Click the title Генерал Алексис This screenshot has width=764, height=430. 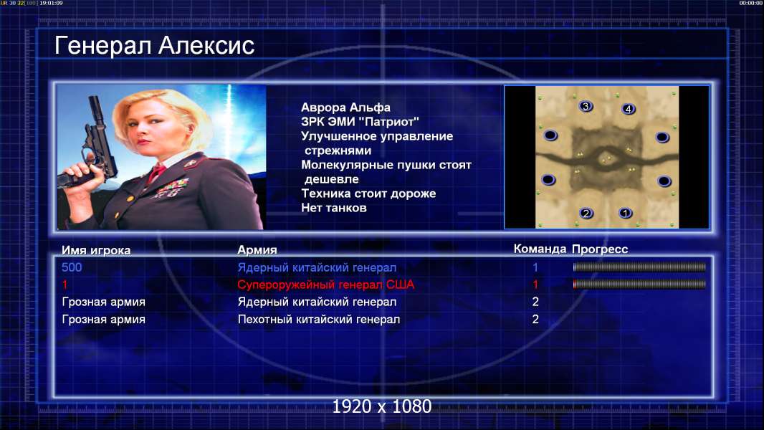(155, 46)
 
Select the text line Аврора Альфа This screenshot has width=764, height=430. (345, 107)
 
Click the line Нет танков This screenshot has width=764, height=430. (334, 208)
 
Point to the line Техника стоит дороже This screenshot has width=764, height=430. (368, 193)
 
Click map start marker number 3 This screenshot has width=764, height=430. (586, 105)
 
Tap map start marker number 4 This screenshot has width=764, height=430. (628, 109)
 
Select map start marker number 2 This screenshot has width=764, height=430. (586, 213)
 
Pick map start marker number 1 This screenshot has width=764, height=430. (625, 212)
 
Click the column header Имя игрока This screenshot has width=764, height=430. (96, 250)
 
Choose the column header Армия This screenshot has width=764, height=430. (257, 250)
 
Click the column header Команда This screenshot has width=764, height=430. (540, 249)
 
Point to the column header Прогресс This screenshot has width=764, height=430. (600, 249)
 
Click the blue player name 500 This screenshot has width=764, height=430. (72, 267)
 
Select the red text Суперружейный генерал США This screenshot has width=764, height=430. (326, 285)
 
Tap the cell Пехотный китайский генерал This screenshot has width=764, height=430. (319, 320)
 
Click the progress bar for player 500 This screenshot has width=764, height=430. (639, 267)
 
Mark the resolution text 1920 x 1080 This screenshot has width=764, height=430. (382, 406)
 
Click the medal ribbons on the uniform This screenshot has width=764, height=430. (171, 188)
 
